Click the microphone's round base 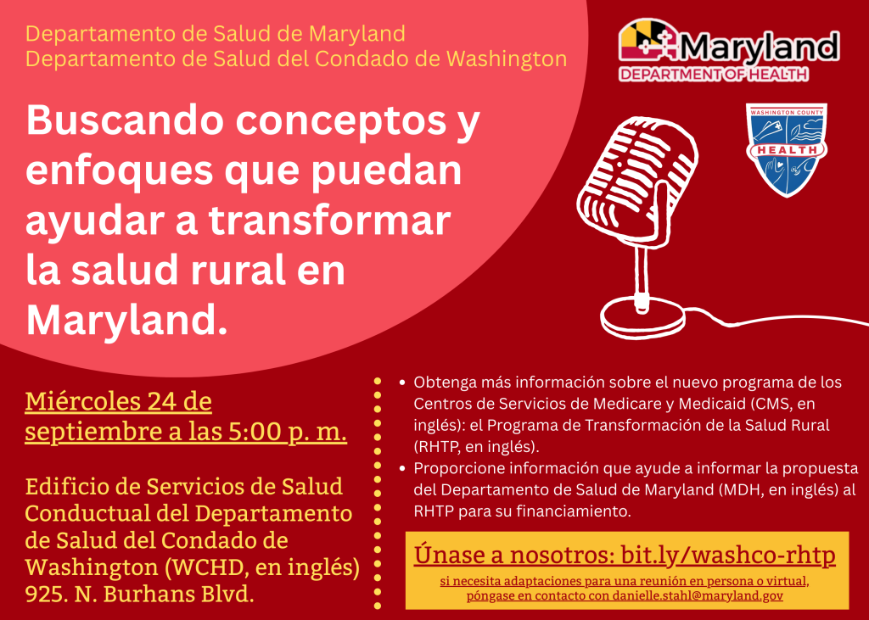[642, 318]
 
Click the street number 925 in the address [47, 594]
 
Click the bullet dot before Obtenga [402, 383]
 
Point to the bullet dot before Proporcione [402, 468]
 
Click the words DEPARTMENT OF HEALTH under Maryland [713, 75]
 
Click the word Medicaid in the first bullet [673, 404]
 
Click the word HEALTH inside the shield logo [787, 150]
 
